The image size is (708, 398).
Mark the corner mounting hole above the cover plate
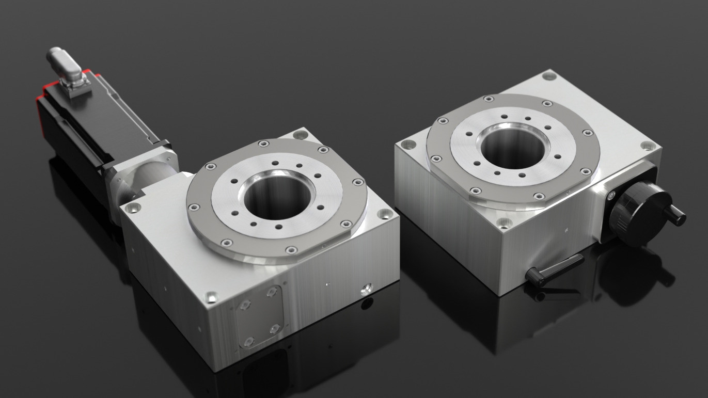(x=211, y=297)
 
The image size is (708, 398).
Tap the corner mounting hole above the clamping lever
(x=503, y=223)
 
